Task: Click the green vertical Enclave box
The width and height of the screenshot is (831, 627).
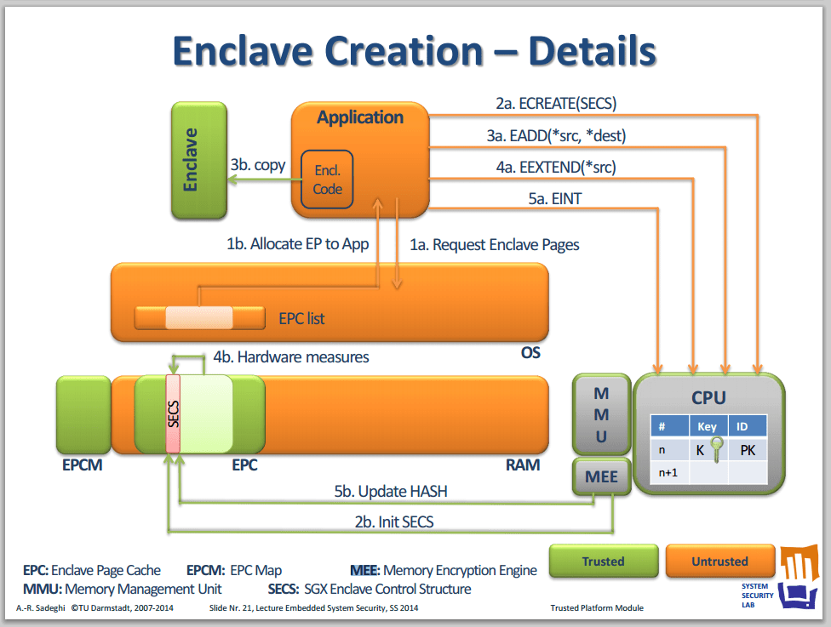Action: (199, 160)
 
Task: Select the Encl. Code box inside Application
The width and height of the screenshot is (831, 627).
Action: (327, 180)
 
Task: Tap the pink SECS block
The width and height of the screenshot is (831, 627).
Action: (173, 414)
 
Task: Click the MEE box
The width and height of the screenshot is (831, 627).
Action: (601, 476)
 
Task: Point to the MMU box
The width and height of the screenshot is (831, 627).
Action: (601, 414)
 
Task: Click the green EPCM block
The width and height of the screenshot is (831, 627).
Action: (83, 414)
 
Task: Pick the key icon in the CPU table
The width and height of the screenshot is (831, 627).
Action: (717, 449)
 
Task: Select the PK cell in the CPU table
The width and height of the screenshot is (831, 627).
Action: (748, 450)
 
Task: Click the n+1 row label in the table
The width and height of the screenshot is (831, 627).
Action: (668, 472)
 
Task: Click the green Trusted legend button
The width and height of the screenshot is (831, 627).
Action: (604, 561)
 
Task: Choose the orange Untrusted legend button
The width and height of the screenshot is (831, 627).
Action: (719, 561)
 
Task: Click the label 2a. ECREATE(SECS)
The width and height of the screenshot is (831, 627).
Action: (556, 103)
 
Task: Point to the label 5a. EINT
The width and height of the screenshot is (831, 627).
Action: (554, 198)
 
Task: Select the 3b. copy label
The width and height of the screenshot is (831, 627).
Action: (258, 165)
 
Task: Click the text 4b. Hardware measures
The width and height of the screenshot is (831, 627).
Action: (291, 357)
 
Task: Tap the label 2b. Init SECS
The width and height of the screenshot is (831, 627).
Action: (394, 522)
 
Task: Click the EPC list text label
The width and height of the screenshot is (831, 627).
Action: (301, 318)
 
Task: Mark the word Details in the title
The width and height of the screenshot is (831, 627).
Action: (592, 51)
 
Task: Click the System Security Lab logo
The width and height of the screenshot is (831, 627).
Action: (779, 577)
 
